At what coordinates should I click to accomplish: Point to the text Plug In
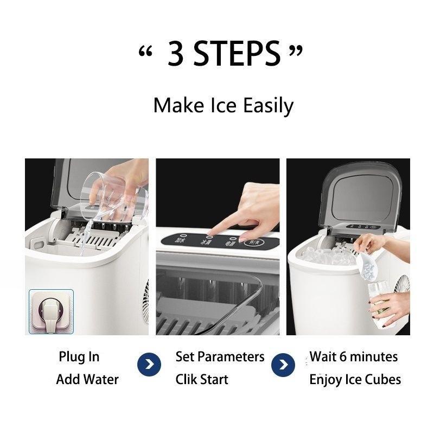[79, 357]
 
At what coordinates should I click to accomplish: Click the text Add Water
[87, 379]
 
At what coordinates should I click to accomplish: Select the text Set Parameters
[220, 357]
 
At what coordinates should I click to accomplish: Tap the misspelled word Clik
[186, 379]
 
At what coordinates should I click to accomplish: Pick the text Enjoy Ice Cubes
[355, 379]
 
